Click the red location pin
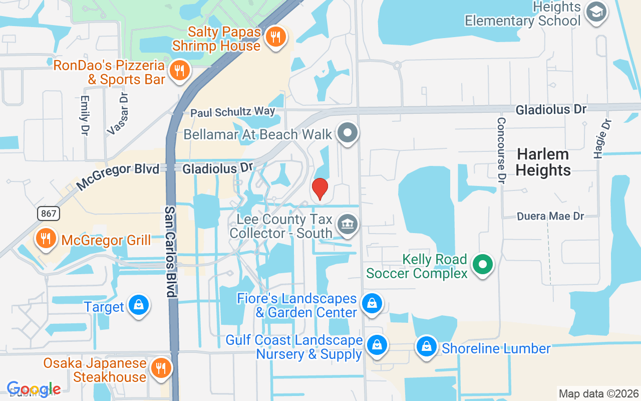319,189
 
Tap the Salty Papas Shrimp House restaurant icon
275,37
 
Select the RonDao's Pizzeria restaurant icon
179,71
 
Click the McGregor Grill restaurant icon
46,239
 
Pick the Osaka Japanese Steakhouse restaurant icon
160,368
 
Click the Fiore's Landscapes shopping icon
372,304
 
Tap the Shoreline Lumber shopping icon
426,346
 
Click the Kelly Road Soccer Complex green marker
483,264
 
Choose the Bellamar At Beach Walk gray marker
347,133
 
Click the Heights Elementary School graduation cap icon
596,13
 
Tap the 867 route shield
48,214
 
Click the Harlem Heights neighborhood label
543,162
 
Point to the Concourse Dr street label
502,150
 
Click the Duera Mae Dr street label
550,216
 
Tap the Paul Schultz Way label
233,112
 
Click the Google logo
34,389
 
